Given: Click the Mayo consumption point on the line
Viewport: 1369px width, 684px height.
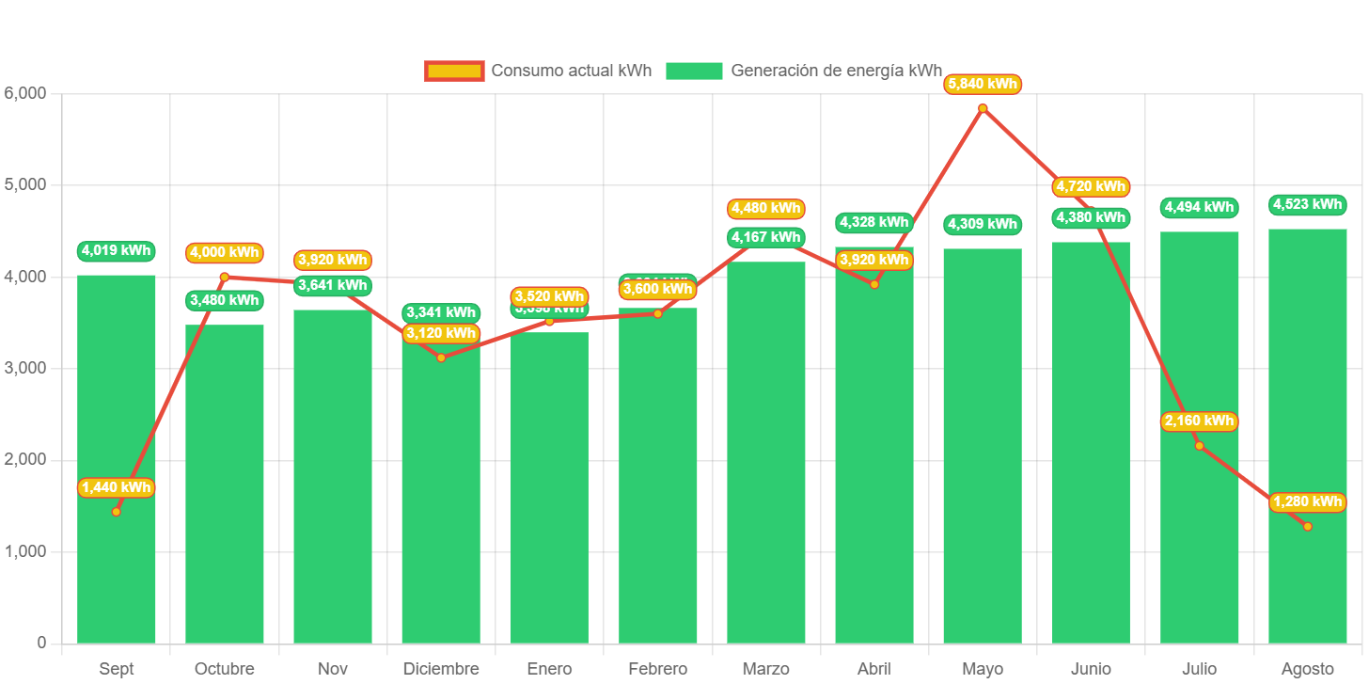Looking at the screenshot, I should pyautogui.click(x=983, y=108).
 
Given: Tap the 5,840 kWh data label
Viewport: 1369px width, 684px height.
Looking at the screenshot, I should pyautogui.click(x=983, y=84).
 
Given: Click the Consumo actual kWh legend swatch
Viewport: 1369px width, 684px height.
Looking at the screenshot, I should pyautogui.click(x=454, y=71).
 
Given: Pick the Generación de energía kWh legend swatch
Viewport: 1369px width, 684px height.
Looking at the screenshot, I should pyautogui.click(x=694, y=71).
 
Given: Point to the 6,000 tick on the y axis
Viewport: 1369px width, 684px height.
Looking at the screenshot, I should pyautogui.click(x=25, y=93).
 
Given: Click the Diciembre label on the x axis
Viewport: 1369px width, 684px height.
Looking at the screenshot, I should pyautogui.click(x=441, y=669).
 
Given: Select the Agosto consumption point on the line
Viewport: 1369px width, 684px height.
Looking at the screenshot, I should pyautogui.click(x=1307, y=526).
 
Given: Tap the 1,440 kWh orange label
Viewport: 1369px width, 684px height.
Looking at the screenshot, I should pyautogui.click(x=116, y=487).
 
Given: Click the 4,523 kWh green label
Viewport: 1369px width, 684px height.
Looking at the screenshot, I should pyautogui.click(x=1307, y=204).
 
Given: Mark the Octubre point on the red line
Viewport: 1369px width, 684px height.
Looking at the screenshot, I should pyautogui.click(x=224, y=277).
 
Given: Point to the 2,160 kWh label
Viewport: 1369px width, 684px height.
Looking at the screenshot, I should pyautogui.click(x=1199, y=421).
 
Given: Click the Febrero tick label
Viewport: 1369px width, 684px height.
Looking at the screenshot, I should pyautogui.click(x=657, y=669).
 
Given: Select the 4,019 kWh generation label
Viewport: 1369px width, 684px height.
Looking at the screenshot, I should pyautogui.click(x=116, y=250).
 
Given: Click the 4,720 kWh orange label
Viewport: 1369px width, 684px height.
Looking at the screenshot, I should pyautogui.click(x=1091, y=186).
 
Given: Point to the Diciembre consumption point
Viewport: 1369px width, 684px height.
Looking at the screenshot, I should pyautogui.click(x=441, y=358).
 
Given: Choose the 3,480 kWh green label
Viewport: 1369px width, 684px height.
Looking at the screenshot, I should pyautogui.click(x=224, y=300).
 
